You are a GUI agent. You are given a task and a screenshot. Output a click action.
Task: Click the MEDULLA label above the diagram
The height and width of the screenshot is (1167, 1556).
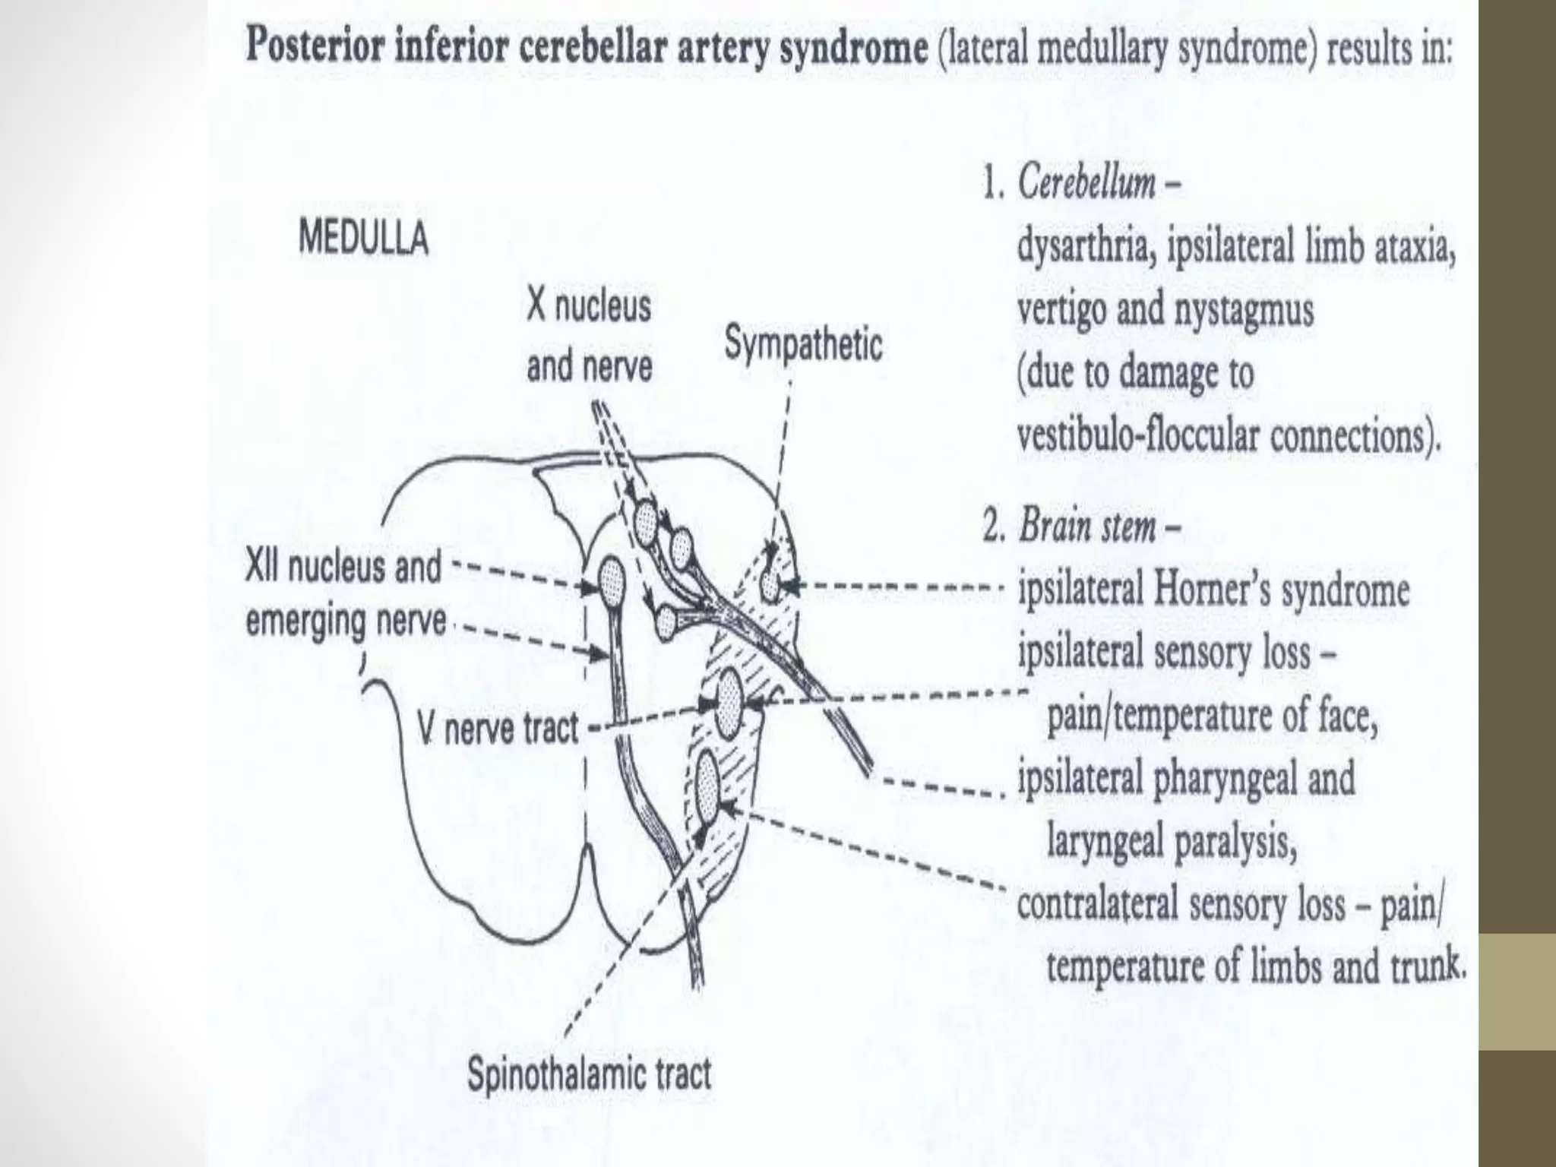(364, 239)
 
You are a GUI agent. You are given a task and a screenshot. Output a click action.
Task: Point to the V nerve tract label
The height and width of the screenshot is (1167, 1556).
(498, 730)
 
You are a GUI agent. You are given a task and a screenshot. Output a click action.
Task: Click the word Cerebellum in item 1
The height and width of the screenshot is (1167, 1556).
(1086, 183)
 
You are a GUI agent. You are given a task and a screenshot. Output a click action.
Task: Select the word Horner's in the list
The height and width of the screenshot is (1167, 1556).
(1216, 590)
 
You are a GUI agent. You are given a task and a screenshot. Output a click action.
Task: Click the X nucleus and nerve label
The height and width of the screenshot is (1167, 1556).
(589, 337)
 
